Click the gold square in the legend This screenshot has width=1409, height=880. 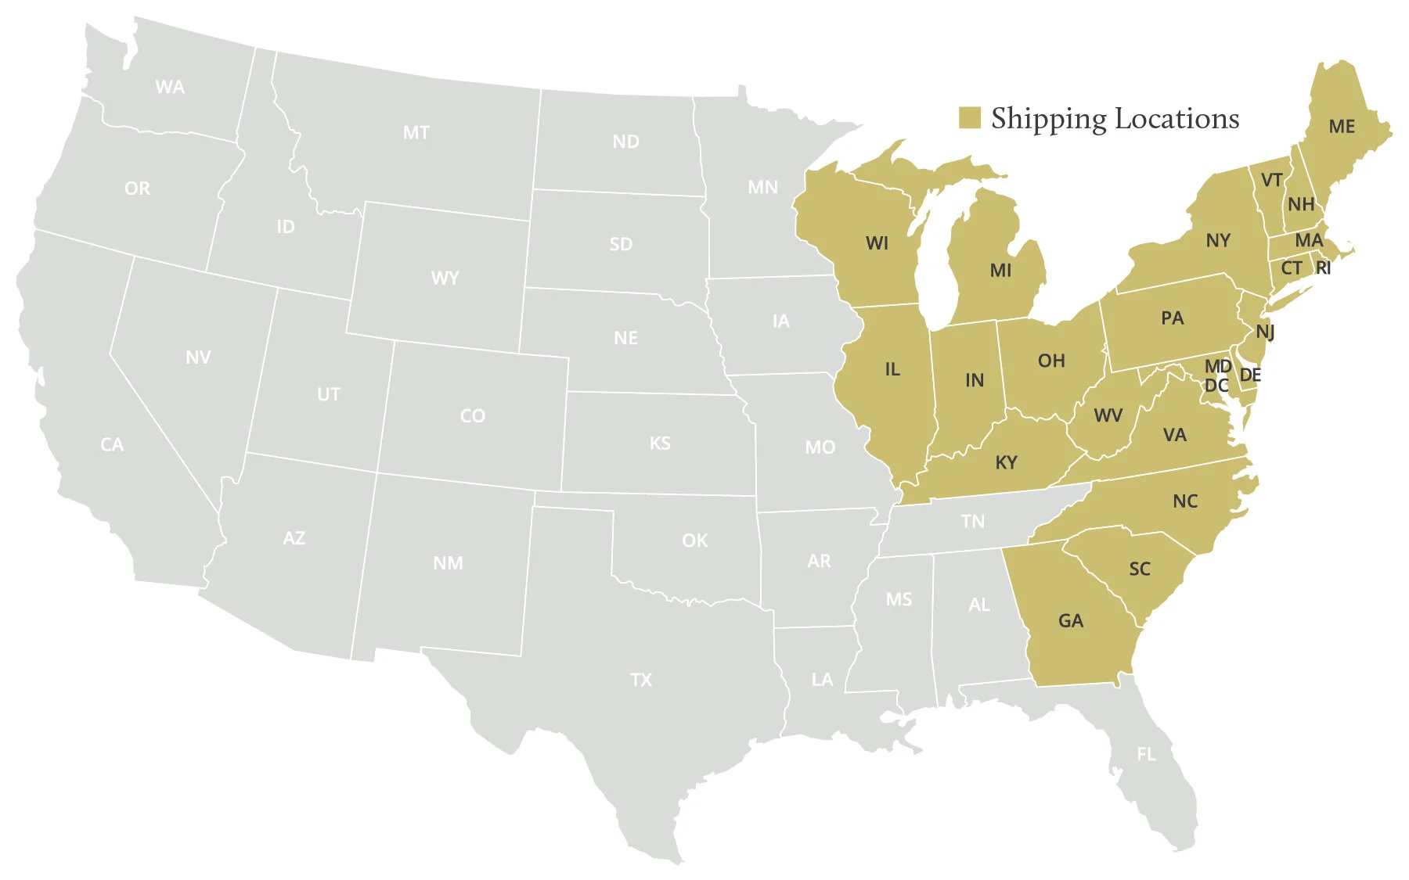pos(969,118)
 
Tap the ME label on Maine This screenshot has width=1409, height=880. pos(1341,127)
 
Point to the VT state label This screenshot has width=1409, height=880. pos(1271,181)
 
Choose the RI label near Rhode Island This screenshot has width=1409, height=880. pos(1323,268)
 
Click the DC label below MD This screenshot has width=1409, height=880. pos(1216,385)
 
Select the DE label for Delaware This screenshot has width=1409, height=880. pos(1250,375)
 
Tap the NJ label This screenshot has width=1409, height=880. pos(1264,332)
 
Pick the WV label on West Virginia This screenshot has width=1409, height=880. pos(1108,415)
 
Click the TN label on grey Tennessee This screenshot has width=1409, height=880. pos(972,522)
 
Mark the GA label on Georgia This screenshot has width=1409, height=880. pos(1070,621)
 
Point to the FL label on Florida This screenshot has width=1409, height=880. pos(1145,754)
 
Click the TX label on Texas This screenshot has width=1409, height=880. pos(640,680)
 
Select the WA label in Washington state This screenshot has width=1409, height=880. pos(170,87)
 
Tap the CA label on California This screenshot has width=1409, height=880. pos(112,445)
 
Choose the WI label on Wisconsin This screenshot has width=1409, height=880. pos(877,243)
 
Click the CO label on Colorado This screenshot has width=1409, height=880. pos(472,416)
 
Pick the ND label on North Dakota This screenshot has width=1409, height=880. pos(625,142)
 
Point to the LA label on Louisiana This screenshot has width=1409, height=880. pos(822,680)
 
